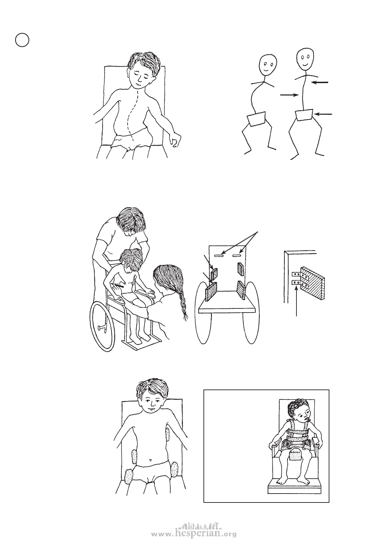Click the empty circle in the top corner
22,40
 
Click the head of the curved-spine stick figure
268,64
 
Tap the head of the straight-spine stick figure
306,59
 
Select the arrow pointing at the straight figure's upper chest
320,82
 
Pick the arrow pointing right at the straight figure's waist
290,95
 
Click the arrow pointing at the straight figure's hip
324,114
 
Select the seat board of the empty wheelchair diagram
227,306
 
